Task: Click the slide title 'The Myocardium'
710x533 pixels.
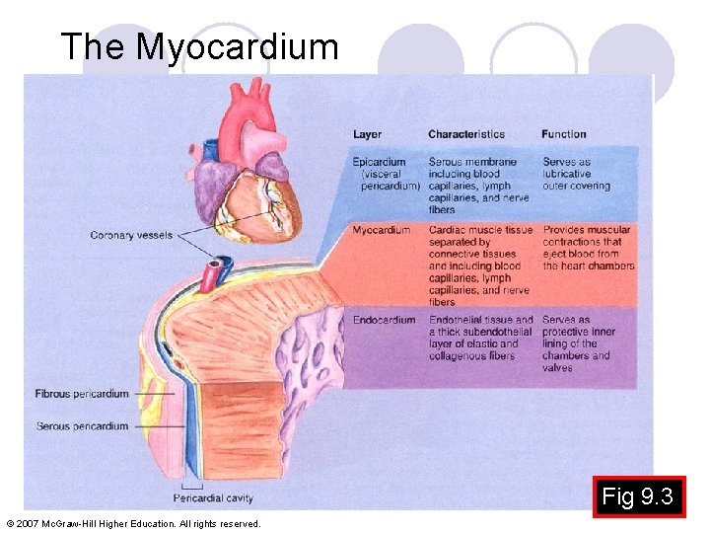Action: click(x=199, y=46)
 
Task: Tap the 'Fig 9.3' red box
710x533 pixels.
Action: click(x=638, y=496)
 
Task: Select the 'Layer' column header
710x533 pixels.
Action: click(x=367, y=134)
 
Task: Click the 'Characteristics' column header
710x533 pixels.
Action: click(x=465, y=134)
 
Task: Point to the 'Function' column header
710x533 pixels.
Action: click(x=563, y=134)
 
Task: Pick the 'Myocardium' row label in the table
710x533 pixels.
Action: click(x=382, y=230)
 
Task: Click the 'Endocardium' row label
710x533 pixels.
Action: click(x=384, y=320)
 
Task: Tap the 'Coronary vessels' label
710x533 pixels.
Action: click(x=131, y=235)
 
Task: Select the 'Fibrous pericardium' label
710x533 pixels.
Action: click(x=82, y=394)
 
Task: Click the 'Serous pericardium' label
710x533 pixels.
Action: click(x=82, y=426)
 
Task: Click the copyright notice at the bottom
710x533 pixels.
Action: click(x=133, y=523)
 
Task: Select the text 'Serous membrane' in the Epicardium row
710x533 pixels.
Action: click(x=472, y=162)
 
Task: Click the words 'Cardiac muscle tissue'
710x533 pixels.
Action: click(x=480, y=230)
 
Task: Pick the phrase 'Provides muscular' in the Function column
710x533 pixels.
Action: click(x=586, y=230)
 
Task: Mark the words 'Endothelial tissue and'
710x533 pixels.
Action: click(x=480, y=320)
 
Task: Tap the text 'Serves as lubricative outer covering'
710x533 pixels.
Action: click(x=576, y=174)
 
